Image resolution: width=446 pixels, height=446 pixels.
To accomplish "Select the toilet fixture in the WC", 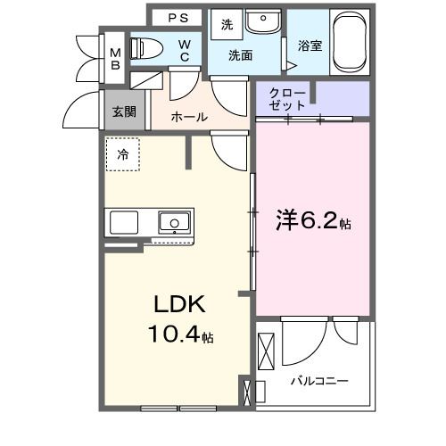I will [146, 49].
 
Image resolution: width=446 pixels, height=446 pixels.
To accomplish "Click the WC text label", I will [185, 51].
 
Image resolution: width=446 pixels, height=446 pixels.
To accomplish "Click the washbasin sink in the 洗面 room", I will [263, 21].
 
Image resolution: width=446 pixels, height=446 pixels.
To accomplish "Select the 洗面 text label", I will [240, 55].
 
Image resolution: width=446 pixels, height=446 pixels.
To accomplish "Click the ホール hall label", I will [189, 117].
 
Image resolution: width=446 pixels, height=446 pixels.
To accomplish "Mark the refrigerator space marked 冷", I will [123, 154].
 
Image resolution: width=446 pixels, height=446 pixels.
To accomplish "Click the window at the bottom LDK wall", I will [172, 408].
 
